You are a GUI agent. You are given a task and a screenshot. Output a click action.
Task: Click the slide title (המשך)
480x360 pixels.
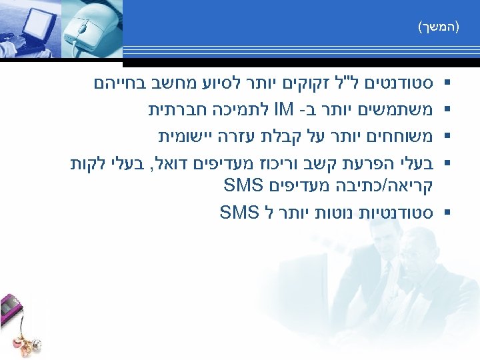coord(439,27)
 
